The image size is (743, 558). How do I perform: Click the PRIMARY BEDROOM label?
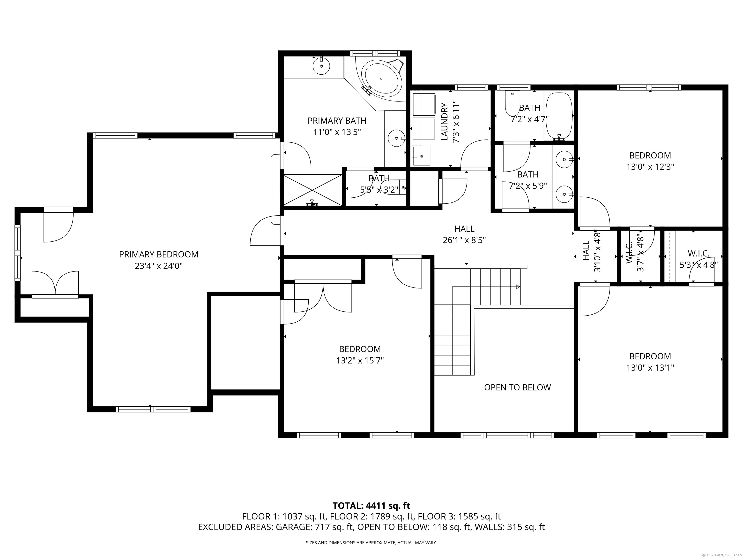pyautogui.click(x=159, y=255)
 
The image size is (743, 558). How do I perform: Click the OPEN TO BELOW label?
pyautogui.click(x=517, y=387)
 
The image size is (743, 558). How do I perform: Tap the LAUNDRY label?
pyautogui.click(x=444, y=122)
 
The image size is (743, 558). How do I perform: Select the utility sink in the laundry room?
pyautogui.click(x=422, y=156)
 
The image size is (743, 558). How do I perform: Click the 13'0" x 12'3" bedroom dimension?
pyautogui.click(x=650, y=167)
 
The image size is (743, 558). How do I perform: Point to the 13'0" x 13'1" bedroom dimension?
pyautogui.click(x=650, y=368)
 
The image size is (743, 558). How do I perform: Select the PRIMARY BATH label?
pyautogui.click(x=337, y=121)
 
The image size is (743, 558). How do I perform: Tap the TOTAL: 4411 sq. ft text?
pyautogui.click(x=371, y=505)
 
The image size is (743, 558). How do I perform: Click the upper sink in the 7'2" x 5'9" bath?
pyautogui.click(x=564, y=159)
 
